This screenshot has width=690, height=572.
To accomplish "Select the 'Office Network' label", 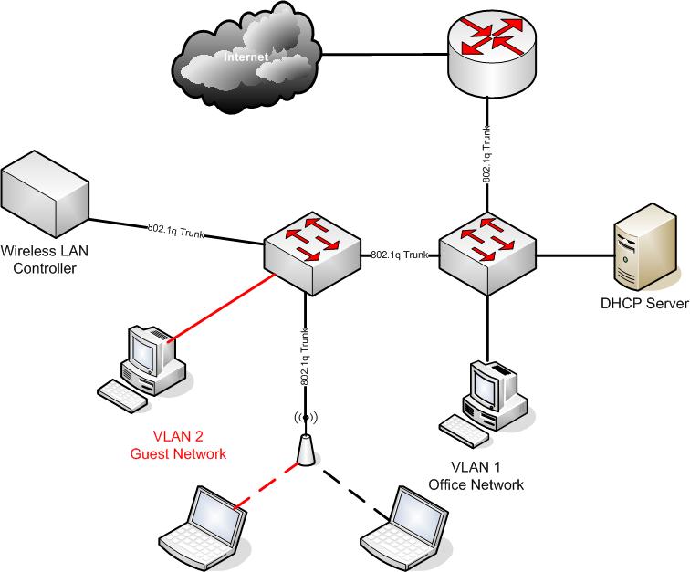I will pos(476,484).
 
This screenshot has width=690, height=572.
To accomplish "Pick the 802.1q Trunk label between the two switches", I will pos(400,255).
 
